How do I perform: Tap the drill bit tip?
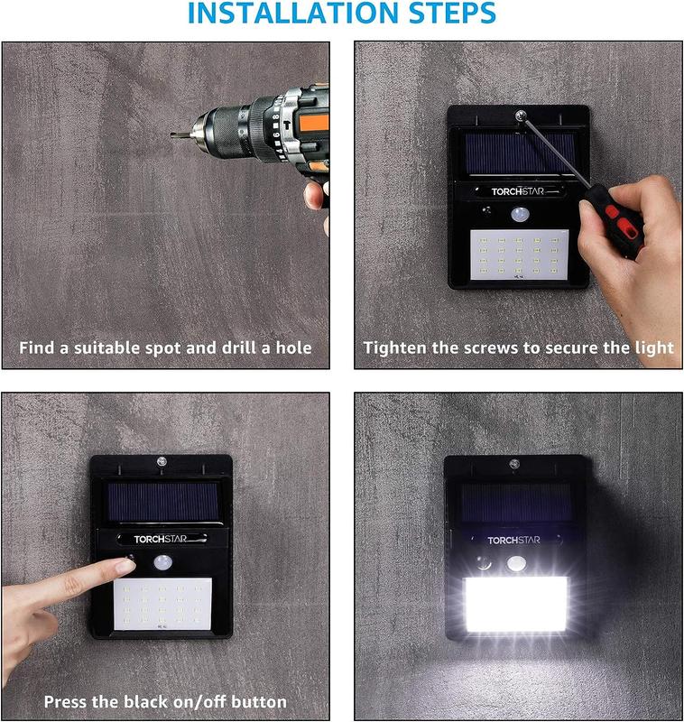[x=172, y=134]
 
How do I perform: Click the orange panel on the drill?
[x=314, y=125]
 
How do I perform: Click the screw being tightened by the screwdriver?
[x=520, y=115]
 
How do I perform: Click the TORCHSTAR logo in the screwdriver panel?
[x=517, y=191]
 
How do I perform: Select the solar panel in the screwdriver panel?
[x=520, y=153]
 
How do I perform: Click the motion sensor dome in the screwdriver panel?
[x=520, y=214]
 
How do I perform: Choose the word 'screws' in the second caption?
[x=492, y=348]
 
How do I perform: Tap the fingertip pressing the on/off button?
[x=126, y=566]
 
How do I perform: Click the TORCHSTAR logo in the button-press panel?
[x=161, y=539]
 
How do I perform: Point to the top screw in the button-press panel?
[x=162, y=461]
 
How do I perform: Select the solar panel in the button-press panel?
[x=163, y=502]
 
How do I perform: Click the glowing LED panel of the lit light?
[x=515, y=604]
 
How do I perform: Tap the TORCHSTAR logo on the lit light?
[x=513, y=540]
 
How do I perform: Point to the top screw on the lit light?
[x=514, y=464]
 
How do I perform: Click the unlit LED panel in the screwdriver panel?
[x=519, y=255]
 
